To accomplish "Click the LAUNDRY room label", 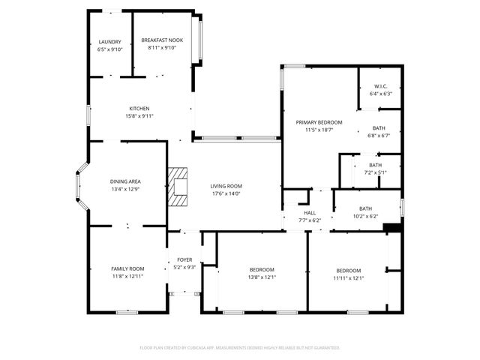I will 109,41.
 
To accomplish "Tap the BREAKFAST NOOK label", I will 161,40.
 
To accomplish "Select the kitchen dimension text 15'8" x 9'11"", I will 139,116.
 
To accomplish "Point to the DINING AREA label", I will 125,181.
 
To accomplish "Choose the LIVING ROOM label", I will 225,186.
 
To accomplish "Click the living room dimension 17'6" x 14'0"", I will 225,193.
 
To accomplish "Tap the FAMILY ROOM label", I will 127,268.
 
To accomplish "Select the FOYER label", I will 184,259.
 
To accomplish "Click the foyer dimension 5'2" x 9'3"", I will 184,267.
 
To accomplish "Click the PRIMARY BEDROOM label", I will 319,122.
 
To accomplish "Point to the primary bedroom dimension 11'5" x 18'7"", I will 319,130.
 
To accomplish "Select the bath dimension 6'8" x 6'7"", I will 378,136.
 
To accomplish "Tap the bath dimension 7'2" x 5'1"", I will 374,172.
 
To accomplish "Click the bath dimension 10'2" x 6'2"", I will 365,216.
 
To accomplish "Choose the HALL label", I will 304,213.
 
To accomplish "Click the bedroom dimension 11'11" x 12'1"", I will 348,278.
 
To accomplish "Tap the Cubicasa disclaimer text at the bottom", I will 240,348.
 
